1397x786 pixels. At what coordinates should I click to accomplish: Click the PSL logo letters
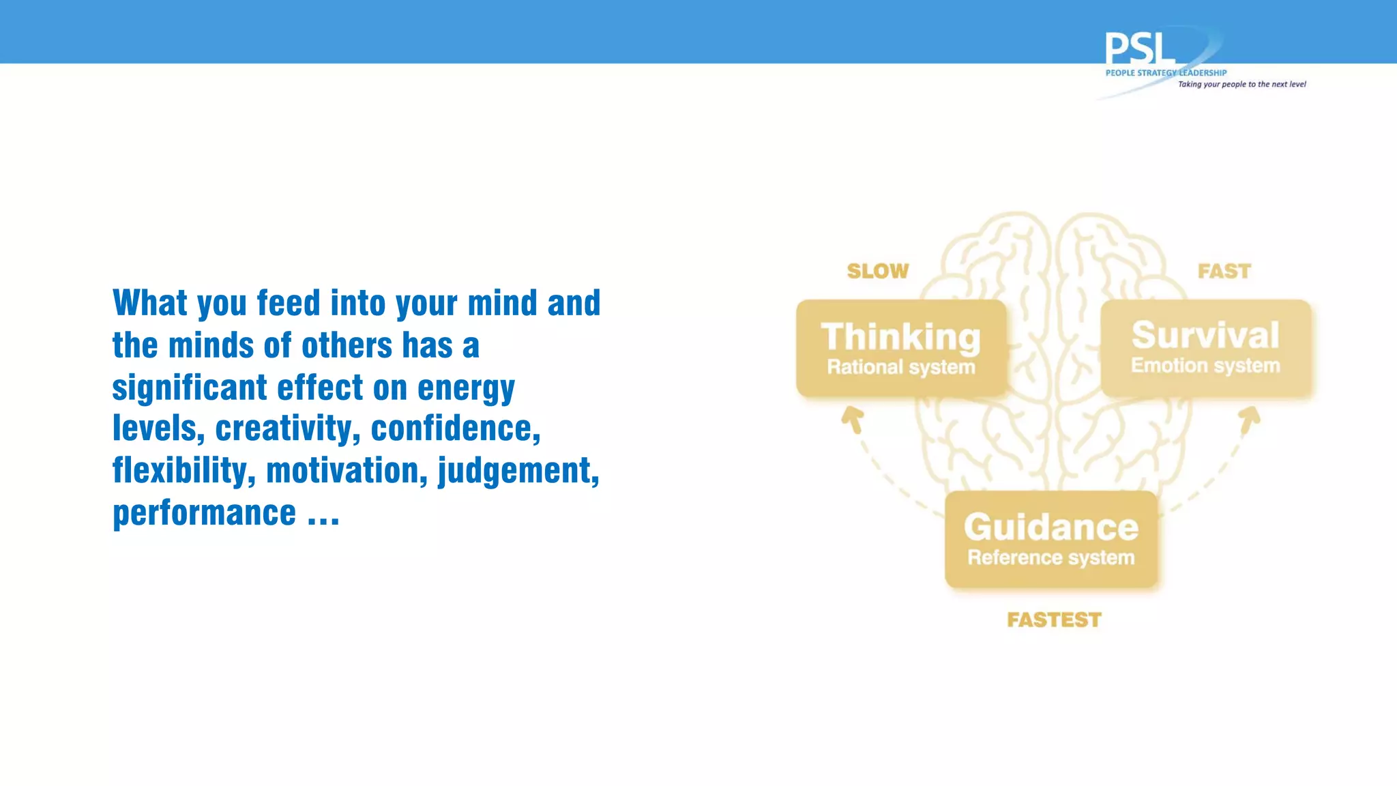coord(1139,49)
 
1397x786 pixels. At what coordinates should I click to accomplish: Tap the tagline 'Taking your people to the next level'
coord(1241,85)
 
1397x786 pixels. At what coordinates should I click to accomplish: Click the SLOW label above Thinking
coord(878,272)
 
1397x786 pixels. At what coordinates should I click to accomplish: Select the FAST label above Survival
coord(1224,272)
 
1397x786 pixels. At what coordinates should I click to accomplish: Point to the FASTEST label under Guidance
coord(1054,620)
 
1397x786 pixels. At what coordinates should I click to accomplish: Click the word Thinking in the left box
coord(901,337)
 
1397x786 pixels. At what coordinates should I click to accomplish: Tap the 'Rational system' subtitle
coord(901,367)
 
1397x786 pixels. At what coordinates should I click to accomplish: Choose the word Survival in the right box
coord(1205,335)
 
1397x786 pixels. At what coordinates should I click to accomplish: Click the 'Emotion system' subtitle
coord(1205,366)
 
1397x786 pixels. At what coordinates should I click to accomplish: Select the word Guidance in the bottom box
coord(1051,527)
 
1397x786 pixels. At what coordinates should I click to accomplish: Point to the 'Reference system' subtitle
coord(1051,557)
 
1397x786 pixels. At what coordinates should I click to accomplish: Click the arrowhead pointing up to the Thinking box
coord(852,418)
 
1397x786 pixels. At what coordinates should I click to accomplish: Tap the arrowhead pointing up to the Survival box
coord(1250,418)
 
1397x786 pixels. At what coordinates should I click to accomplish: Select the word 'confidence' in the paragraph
coord(455,429)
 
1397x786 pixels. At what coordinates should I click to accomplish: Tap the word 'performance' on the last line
coord(205,513)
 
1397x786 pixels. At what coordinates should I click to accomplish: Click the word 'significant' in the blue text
coord(190,388)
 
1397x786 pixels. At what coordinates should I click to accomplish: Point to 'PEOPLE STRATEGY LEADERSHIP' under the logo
coord(1166,73)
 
